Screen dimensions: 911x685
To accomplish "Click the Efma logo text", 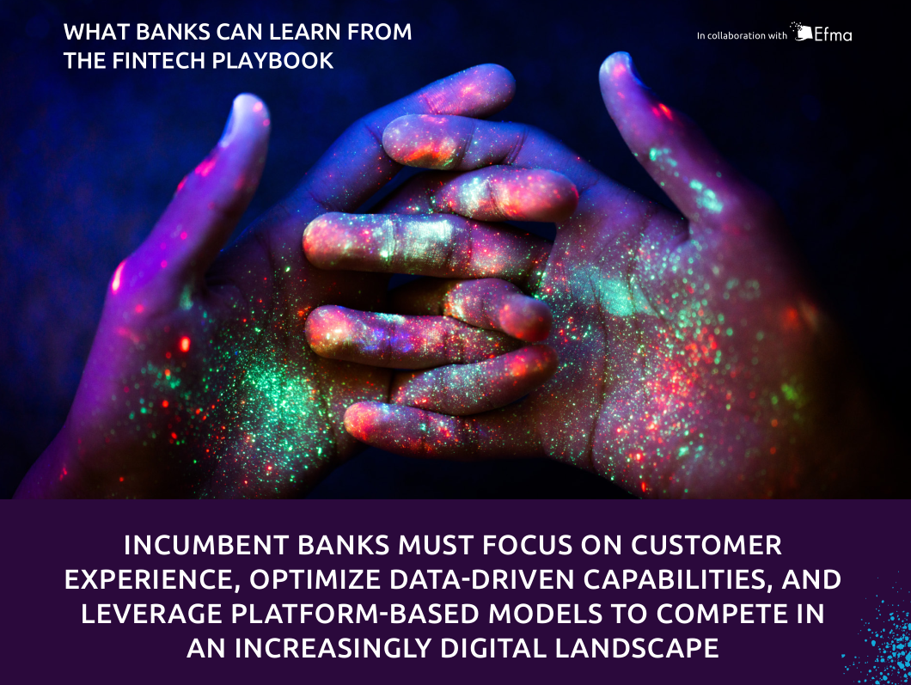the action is click(833, 35).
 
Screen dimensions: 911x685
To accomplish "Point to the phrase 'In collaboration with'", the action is click(742, 35).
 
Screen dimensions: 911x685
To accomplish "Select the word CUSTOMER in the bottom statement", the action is click(706, 545).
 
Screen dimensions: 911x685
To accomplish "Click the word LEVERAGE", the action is click(151, 614).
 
